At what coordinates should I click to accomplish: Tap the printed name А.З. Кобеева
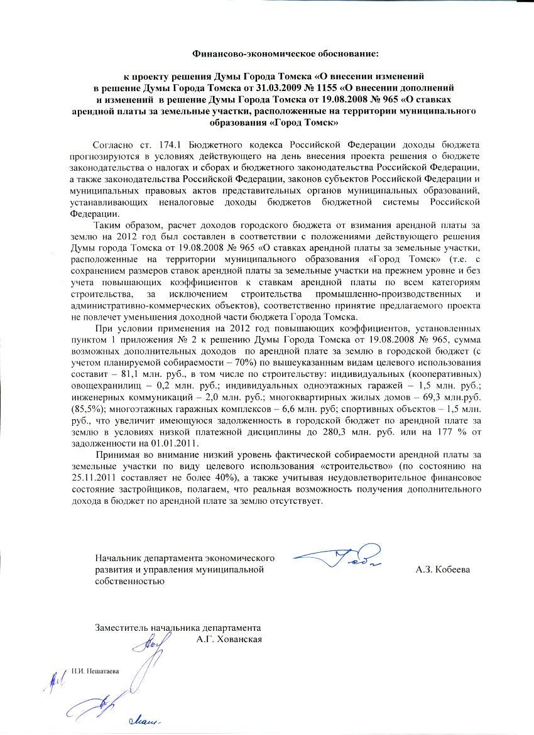pyautogui.click(x=444, y=570)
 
